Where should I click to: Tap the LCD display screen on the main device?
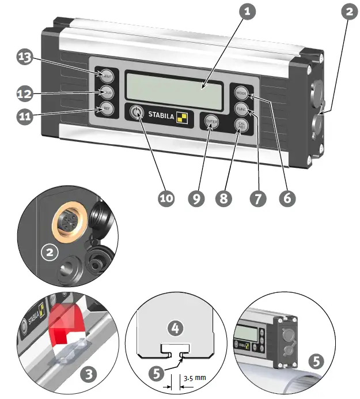(174, 91)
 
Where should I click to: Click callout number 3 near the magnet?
(88, 375)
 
